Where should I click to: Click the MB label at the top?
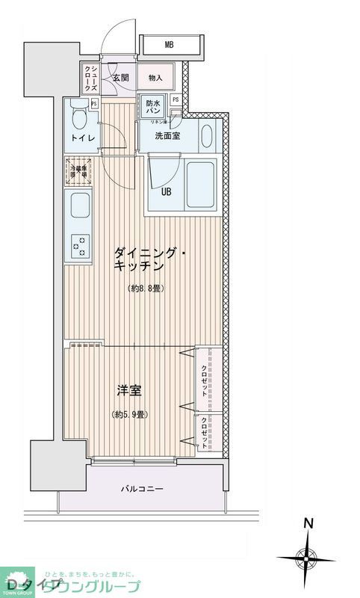(170, 45)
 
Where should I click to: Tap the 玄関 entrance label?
(121, 78)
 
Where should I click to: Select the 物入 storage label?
(155, 78)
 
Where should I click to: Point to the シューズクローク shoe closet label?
(90, 78)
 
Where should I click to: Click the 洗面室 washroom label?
(167, 136)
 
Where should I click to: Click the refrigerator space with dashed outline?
(78, 171)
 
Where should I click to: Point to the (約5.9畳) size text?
(129, 414)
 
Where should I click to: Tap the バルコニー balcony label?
(142, 489)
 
